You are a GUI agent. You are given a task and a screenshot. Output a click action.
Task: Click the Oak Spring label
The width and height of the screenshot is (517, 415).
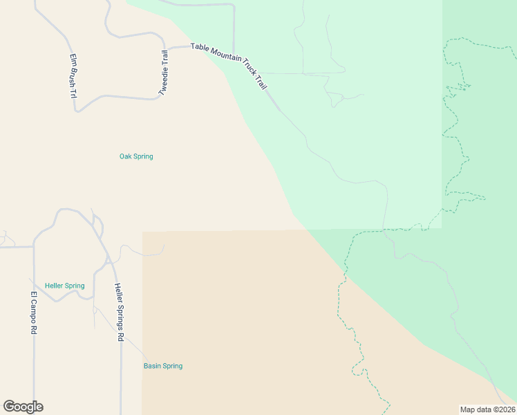click(x=136, y=156)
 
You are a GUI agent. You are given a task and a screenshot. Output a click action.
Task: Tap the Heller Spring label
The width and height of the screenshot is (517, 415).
click(x=64, y=286)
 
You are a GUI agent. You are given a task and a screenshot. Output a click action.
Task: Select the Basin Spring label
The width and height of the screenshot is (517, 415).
click(x=163, y=366)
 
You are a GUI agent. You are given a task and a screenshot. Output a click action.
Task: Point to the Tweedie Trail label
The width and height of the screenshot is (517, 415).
click(x=163, y=73)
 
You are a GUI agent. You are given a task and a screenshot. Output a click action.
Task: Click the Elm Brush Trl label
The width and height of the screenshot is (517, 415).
click(x=73, y=76)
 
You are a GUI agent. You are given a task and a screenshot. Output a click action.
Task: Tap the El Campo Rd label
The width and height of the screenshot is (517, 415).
click(x=32, y=313)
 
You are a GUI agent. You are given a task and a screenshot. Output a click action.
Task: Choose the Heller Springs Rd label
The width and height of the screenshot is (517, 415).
click(x=119, y=312)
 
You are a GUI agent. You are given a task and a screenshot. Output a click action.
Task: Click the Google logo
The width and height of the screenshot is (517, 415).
click(x=23, y=407)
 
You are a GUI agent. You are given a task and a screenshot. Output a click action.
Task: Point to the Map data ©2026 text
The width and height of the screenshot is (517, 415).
click(x=487, y=409)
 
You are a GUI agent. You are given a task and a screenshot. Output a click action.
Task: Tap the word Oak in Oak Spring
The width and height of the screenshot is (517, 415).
click(x=126, y=156)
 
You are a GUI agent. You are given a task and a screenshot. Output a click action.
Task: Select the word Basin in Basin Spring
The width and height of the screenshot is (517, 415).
click(x=153, y=366)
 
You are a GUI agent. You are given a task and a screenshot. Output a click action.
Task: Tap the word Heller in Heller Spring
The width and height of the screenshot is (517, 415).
click(x=55, y=286)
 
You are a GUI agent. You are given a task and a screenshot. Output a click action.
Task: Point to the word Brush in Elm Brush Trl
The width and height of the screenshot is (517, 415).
click(x=73, y=76)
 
